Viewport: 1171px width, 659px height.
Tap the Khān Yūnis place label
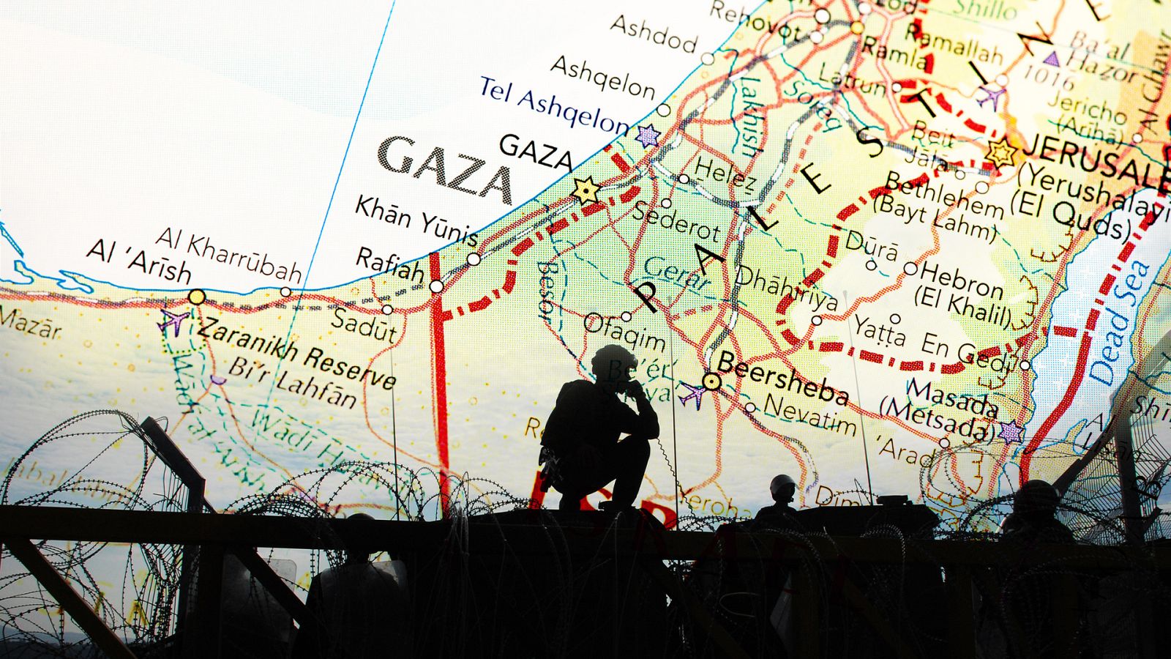[x=416, y=220]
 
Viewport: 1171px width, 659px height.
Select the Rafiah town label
[x=390, y=264]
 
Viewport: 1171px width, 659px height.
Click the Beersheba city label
[x=783, y=377]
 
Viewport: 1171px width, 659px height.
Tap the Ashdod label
[x=654, y=34]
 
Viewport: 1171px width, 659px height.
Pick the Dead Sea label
[x=1119, y=322]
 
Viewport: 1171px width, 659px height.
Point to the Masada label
[x=951, y=399]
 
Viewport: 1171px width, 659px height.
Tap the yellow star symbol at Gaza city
[x=585, y=191]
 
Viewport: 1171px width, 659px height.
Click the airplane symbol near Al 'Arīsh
[x=173, y=321]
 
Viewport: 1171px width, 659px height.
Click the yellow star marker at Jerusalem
[x=1000, y=153]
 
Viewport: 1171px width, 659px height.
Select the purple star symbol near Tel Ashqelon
[x=648, y=135]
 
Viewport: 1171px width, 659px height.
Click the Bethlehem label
[x=944, y=195]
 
